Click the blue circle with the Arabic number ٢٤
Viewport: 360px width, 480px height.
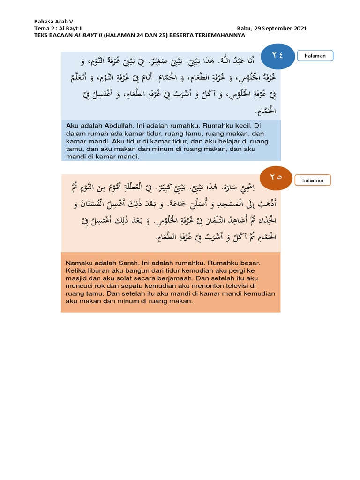coord(277,56)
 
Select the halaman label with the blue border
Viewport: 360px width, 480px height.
coord(315,56)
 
